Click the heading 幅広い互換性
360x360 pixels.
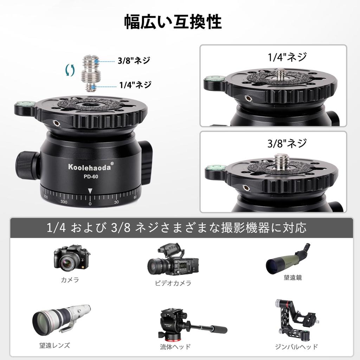point(173,22)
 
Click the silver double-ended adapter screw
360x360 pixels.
point(91,73)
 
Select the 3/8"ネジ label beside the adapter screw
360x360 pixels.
point(134,60)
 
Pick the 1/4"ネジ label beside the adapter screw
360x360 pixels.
point(135,85)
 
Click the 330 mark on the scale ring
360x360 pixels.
point(64,202)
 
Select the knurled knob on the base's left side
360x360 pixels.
point(27,165)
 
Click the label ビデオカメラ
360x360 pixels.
point(173,283)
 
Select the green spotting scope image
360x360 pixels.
point(288,258)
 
